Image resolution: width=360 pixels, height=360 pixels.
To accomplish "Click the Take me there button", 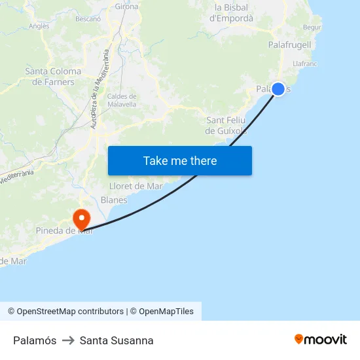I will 180,160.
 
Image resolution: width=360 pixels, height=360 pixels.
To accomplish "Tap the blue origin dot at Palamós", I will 278,88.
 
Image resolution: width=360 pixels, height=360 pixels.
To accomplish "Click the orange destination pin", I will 82,219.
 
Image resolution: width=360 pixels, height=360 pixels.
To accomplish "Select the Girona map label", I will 126,7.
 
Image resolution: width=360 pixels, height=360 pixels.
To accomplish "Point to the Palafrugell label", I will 289,45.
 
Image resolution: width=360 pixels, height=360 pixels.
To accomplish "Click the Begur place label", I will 312,27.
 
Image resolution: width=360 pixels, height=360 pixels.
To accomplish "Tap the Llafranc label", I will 305,63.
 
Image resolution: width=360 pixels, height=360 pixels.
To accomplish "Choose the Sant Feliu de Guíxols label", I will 226,126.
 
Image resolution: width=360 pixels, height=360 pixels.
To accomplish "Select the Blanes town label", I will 114,200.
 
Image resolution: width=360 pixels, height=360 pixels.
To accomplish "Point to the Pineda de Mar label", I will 64,230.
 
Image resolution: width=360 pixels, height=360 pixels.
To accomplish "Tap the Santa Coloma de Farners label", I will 53,77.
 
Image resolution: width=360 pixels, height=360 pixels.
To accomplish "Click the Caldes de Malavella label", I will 122,99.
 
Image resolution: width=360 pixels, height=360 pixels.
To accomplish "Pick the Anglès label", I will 39,26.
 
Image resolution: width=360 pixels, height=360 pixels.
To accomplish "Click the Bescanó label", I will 88,19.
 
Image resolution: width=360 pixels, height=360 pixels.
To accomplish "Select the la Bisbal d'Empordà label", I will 231,13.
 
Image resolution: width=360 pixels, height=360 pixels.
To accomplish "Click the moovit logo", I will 321,339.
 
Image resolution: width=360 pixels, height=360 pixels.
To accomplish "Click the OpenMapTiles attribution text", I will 166,312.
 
